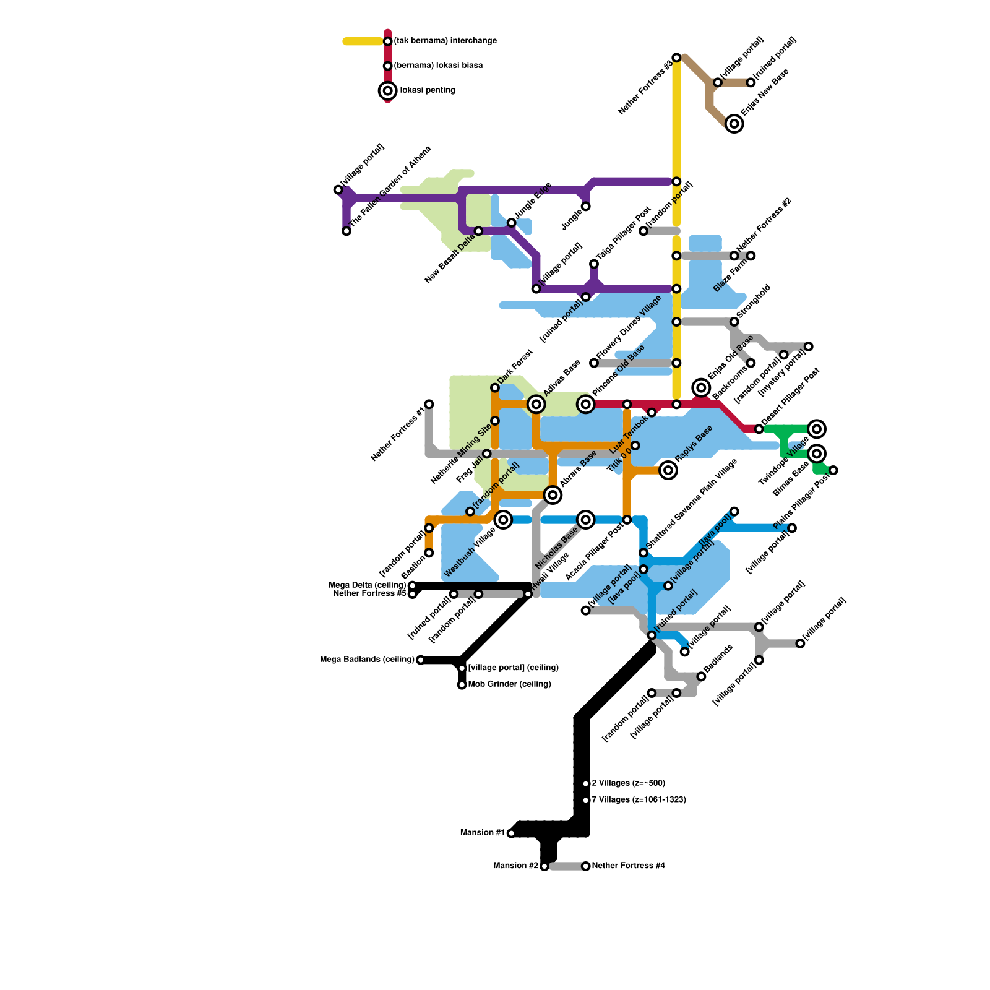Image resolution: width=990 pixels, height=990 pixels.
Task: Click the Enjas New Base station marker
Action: click(x=734, y=124)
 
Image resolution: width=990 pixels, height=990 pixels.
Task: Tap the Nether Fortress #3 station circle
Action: click(x=676, y=58)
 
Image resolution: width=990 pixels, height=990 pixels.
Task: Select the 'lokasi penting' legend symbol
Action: click(x=387, y=91)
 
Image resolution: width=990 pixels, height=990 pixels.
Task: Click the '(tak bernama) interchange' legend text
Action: click(x=445, y=41)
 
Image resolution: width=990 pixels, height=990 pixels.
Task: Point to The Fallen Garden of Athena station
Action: click(x=346, y=231)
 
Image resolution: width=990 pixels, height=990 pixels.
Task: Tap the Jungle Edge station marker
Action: click(x=511, y=223)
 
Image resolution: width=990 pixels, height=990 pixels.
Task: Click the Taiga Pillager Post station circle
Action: click(x=593, y=264)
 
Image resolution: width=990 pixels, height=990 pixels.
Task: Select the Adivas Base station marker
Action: click(x=536, y=405)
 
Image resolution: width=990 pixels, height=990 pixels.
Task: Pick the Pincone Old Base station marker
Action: click(x=585, y=405)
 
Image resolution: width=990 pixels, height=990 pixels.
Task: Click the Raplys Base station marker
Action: click(x=668, y=470)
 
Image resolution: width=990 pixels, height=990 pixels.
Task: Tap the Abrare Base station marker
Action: click(x=553, y=495)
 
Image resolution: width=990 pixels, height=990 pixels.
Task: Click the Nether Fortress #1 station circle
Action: click(x=429, y=404)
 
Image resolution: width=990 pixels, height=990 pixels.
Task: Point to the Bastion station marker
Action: click(x=429, y=553)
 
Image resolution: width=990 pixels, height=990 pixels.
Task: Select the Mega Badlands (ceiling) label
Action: click(x=367, y=660)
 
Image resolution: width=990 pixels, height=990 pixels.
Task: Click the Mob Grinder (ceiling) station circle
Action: click(x=462, y=685)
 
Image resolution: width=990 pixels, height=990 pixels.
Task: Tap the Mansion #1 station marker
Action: click(x=511, y=833)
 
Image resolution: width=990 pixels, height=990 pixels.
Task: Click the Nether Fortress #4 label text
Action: click(x=628, y=866)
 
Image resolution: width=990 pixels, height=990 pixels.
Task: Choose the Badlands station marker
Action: click(x=701, y=676)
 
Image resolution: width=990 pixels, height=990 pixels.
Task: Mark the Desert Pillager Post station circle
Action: click(x=759, y=429)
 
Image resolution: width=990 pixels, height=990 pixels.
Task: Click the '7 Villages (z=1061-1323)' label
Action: click(x=639, y=800)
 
